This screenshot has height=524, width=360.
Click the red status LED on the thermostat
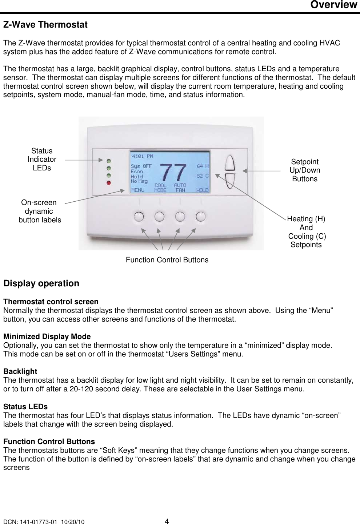(108, 183)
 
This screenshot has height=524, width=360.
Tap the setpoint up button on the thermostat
(230, 163)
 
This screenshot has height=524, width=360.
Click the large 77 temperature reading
(173, 172)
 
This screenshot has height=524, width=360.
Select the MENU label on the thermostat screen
(138, 190)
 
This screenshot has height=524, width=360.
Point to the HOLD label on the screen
(202, 190)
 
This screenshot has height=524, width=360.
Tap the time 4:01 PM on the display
(143, 156)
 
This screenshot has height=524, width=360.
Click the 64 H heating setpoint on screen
(203, 166)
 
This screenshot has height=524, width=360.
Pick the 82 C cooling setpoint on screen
(203, 176)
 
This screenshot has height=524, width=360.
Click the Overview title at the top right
(333, 5)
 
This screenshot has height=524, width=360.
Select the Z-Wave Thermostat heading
(45, 25)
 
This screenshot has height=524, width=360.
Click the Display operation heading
(41, 283)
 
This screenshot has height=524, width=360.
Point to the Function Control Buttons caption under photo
(167, 260)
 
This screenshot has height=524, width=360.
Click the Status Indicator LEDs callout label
(42, 159)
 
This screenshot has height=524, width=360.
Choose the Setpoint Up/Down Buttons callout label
(305, 170)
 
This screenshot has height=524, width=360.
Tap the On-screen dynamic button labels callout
(39, 211)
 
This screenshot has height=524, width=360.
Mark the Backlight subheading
(20, 371)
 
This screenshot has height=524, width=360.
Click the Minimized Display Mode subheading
(47, 336)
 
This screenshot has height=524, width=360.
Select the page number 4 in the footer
(167, 521)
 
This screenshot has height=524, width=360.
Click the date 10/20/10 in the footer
(73, 522)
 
